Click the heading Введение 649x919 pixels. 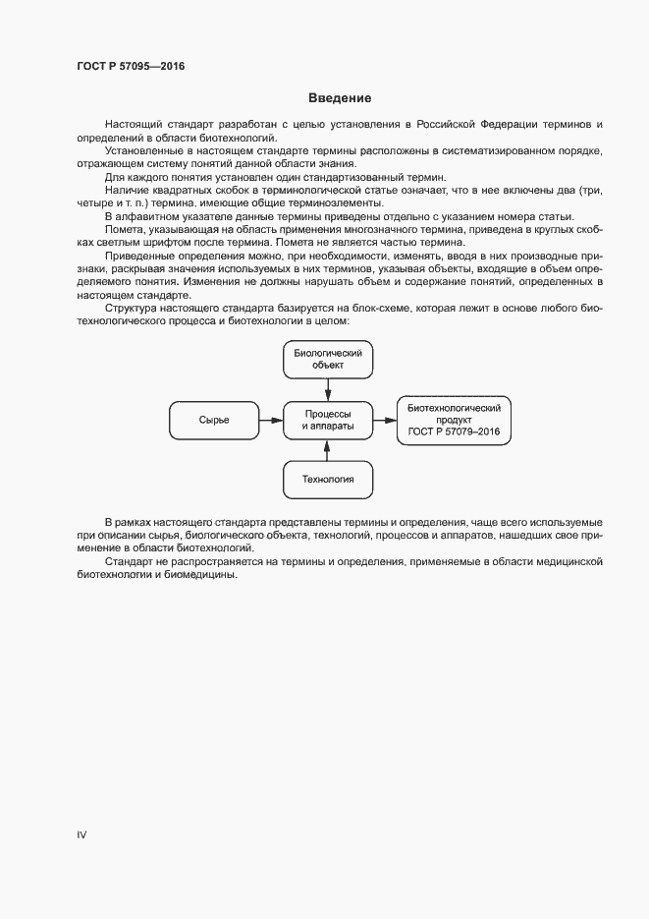click(x=340, y=98)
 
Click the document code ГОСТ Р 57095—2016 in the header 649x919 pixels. click(x=131, y=67)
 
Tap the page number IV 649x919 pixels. click(x=82, y=834)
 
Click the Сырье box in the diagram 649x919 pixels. click(x=214, y=421)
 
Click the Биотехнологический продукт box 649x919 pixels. click(x=455, y=421)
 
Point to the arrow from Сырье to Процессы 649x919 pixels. click(x=271, y=421)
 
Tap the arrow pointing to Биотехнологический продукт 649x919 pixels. click(x=386, y=421)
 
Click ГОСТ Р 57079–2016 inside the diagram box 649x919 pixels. click(x=455, y=431)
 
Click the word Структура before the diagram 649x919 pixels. click(x=133, y=307)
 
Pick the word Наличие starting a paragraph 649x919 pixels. click(x=127, y=190)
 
